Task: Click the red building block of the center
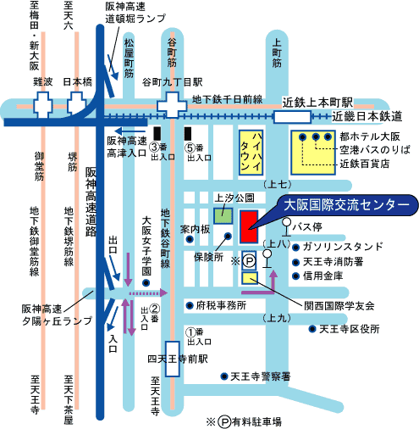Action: pyautogui.click(x=249, y=226)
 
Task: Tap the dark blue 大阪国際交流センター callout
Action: pyautogui.click(x=347, y=205)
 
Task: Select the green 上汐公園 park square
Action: pyautogui.click(x=223, y=216)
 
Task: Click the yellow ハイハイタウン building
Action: pyautogui.click(x=251, y=153)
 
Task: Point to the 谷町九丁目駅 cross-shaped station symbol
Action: pyautogui.click(x=172, y=105)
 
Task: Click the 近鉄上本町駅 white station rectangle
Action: pyautogui.click(x=292, y=117)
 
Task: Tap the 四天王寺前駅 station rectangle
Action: pyautogui.click(x=173, y=359)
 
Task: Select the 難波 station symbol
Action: pyautogui.click(x=43, y=105)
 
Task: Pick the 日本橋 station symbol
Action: pyautogui.click(x=76, y=103)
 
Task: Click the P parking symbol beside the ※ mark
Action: pyautogui.click(x=249, y=261)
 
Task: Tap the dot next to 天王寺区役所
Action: pyautogui.click(x=312, y=329)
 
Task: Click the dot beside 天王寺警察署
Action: pyautogui.click(x=224, y=376)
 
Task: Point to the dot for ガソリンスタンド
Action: pyautogui.click(x=295, y=248)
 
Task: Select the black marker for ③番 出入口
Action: pyautogui.click(x=157, y=133)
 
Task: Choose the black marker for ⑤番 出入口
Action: pyautogui.click(x=188, y=133)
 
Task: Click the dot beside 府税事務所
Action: pyautogui.click(x=190, y=305)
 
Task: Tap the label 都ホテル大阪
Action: pyautogui.click(x=370, y=136)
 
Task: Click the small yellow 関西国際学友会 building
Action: pyautogui.click(x=250, y=278)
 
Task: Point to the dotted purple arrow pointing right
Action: pyautogui.click(x=148, y=293)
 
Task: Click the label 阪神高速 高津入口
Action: pyautogui.click(x=127, y=147)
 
